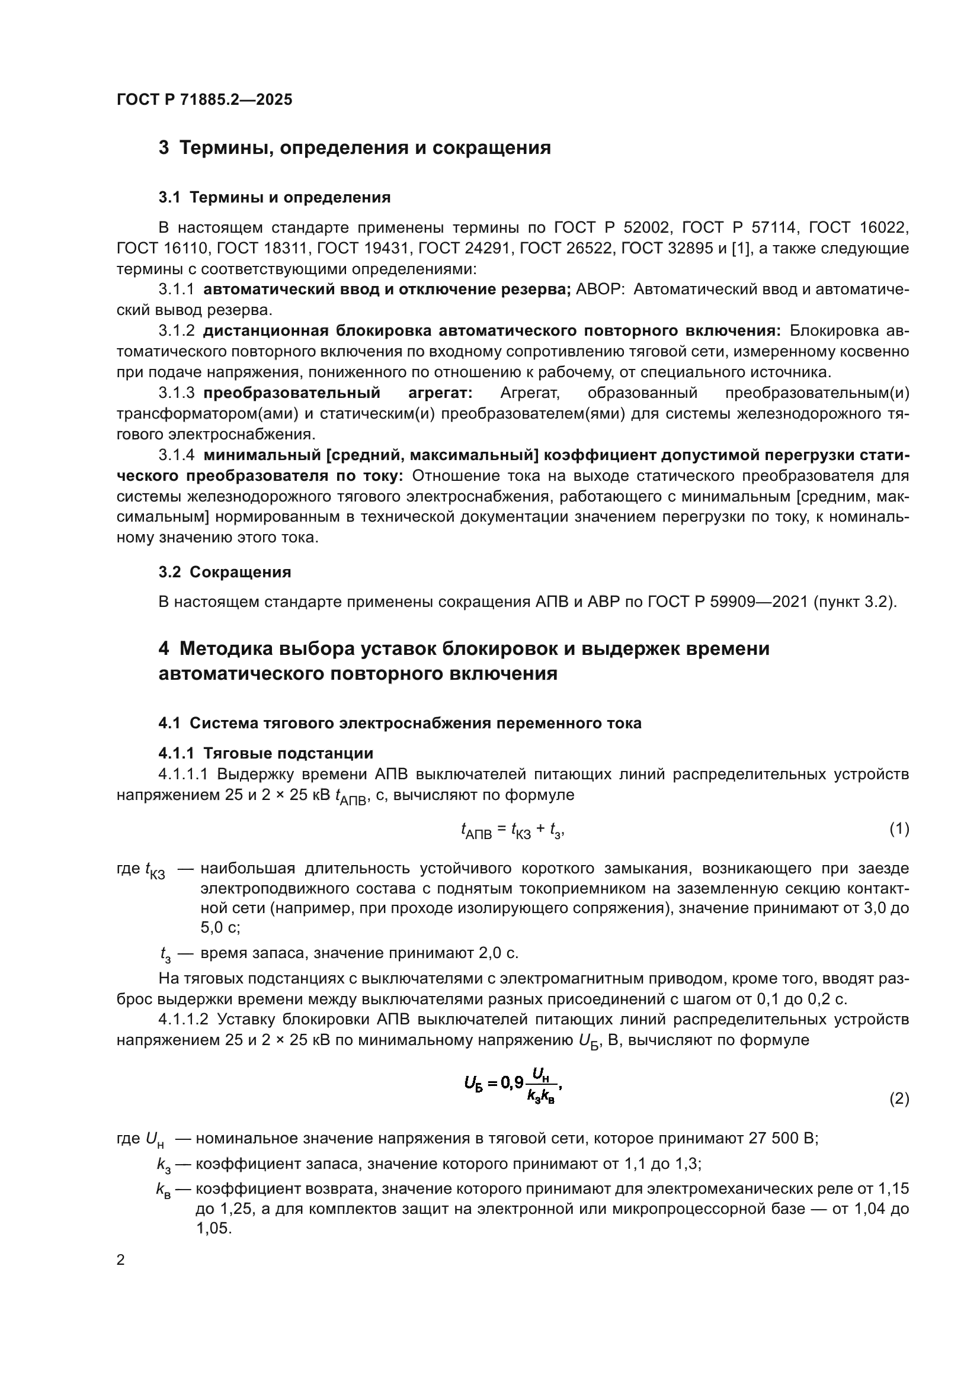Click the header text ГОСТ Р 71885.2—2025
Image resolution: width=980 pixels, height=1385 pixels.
(204, 99)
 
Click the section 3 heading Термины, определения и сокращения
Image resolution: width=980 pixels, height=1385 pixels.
(354, 148)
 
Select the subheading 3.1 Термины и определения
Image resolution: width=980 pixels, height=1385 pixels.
(274, 197)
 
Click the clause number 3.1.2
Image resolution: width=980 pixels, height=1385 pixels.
(176, 330)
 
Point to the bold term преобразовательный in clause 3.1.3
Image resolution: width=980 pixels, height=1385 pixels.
(292, 393)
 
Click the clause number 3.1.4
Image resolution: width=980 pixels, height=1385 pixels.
(176, 455)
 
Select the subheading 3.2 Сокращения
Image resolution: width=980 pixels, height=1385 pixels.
(225, 572)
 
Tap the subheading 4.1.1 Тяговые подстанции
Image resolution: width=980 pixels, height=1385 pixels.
(265, 753)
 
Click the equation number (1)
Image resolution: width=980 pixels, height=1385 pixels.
(899, 829)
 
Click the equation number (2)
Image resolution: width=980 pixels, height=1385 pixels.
(899, 1099)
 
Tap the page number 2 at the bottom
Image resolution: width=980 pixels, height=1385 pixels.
(121, 1260)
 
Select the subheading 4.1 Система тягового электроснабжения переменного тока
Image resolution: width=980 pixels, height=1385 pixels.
(399, 722)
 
